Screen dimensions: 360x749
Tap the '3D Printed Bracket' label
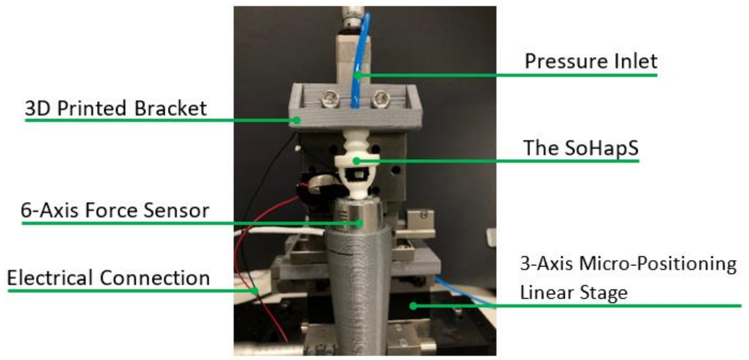(116, 108)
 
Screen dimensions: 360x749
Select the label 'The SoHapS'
(581, 148)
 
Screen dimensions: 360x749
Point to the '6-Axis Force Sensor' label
(115, 210)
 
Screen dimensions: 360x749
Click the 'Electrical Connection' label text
(108, 278)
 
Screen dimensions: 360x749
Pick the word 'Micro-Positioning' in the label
(658, 264)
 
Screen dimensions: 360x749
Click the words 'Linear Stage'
(574, 292)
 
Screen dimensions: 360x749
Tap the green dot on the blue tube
(358, 75)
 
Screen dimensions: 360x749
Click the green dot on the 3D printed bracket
(297, 120)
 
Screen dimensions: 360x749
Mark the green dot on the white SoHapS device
(356, 161)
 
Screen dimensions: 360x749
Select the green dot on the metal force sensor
(359, 223)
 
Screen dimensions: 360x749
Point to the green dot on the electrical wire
(255, 291)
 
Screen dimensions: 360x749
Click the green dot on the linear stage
(413, 306)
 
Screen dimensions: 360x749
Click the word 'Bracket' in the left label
(171, 108)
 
